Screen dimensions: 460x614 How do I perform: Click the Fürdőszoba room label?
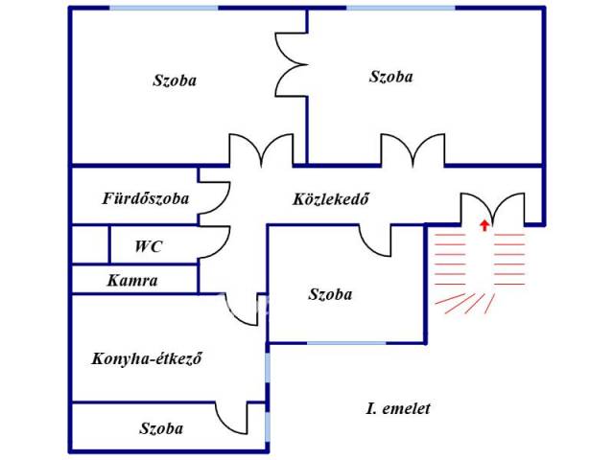[x=146, y=198]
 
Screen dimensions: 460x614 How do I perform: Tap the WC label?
[x=148, y=246]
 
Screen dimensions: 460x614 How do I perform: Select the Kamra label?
[x=132, y=281]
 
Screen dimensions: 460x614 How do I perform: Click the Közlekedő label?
[x=331, y=199]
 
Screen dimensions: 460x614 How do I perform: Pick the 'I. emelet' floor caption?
[x=398, y=408]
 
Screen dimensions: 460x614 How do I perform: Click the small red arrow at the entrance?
[x=484, y=226]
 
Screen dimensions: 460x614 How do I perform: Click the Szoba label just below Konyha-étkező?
[x=161, y=428]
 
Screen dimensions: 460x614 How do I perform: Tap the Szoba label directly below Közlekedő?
[x=330, y=294]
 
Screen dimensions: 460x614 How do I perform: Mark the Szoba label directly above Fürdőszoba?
[x=175, y=80]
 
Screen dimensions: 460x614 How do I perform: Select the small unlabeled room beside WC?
[x=90, y=245]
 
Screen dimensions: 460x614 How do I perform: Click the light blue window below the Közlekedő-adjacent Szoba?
[x=346, y=343]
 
